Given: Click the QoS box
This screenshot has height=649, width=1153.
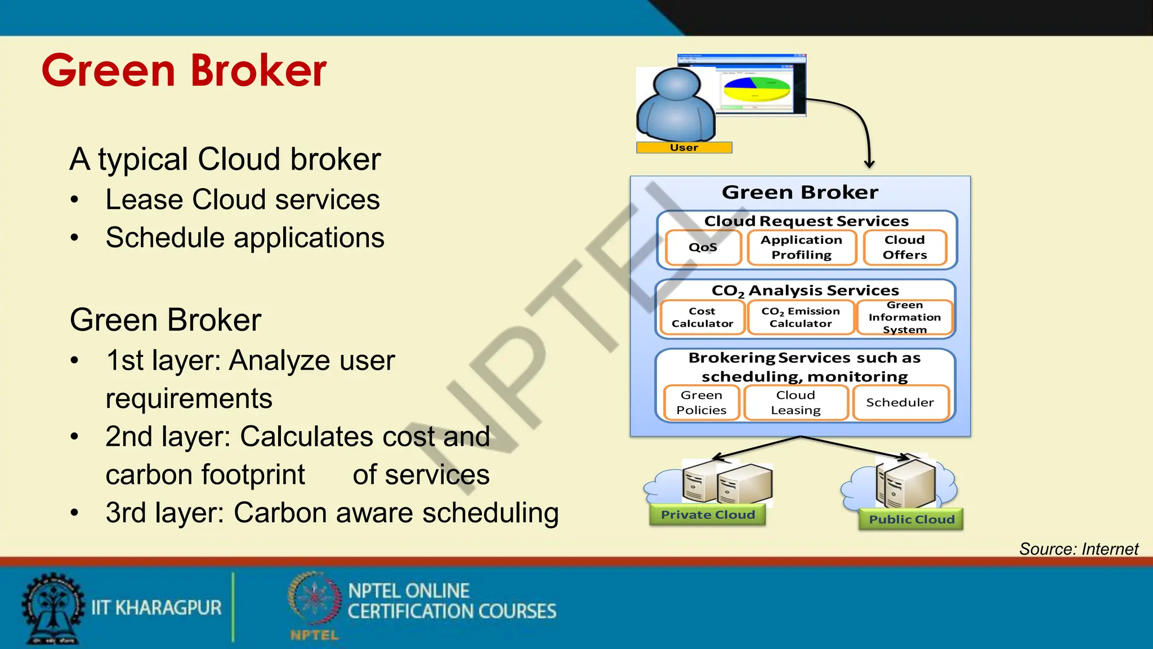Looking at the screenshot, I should pyautogui.click(x=703, y=247).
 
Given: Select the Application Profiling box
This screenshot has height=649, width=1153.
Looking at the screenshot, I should pyautogui.click(x=802, y=247).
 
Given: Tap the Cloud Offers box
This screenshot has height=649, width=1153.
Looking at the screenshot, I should pyautogui.click(x=905, y=247).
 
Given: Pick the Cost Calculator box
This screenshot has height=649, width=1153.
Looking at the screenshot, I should pyautogui.click(x=703, y=317).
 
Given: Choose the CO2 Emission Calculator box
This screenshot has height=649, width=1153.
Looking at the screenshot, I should pyautogui.click(x=801, y=317).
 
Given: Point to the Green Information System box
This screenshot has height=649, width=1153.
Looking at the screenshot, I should pyautogui.click(x=905, y=317).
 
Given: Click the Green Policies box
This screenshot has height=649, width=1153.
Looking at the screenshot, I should pyautogui.click(x=701, y=402).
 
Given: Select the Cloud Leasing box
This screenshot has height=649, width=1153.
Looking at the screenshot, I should pyautogui.click(x=796, y=402).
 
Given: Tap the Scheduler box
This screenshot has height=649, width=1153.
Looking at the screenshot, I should pyautogui.click(x=900, y=402).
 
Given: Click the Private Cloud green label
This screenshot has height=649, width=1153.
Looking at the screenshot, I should pyautogui.click(x=708, y=515).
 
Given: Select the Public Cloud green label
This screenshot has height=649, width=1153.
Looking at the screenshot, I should pyautogui.click(x=911, y=519).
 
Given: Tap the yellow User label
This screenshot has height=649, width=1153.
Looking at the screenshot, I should pyautogui.click(x=684, y=148).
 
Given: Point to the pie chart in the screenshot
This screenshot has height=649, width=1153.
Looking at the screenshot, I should pyautogui.click(x=757, y=89).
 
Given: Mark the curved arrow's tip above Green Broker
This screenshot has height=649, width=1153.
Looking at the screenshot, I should pyautogui.click(x=869, y=166).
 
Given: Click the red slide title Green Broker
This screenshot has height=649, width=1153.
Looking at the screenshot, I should pyautogui.click(x=184, y=70).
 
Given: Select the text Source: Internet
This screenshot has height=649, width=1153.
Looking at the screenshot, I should pyautogui.click(x=1079, y=549).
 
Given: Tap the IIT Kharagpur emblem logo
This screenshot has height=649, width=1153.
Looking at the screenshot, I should pyautogui.click(x=52, y=608).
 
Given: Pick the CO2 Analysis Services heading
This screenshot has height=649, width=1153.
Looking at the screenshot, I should pyautogui.click(x=805, y=291).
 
